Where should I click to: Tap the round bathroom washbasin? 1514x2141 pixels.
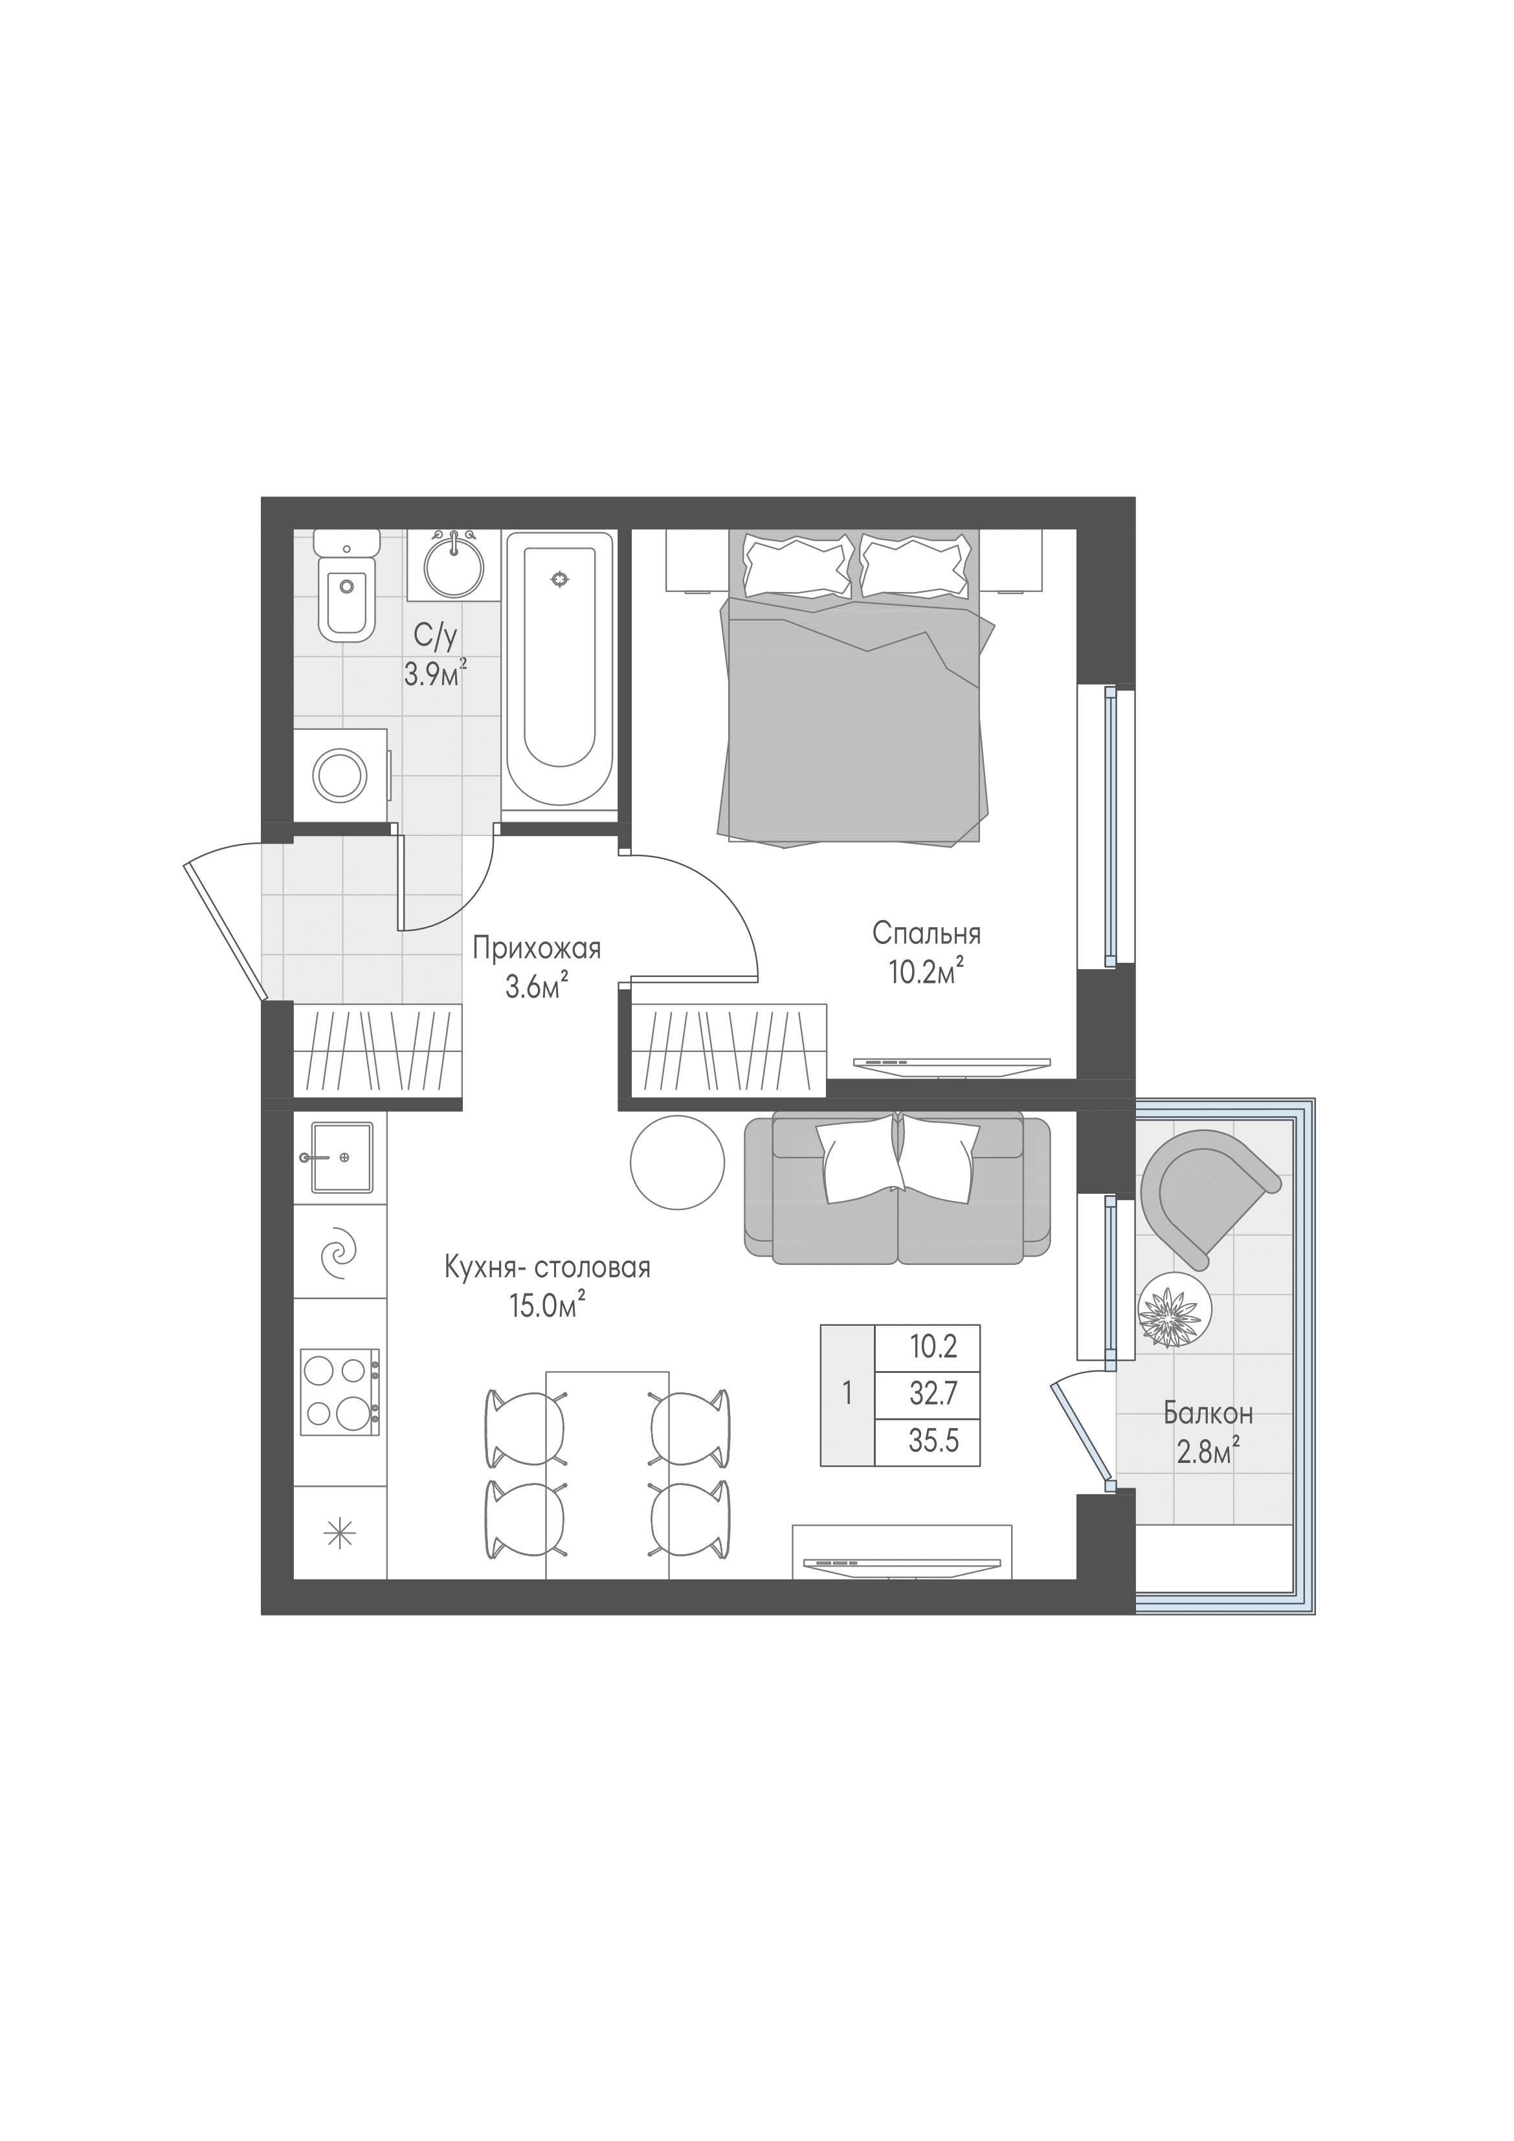click(454, 565)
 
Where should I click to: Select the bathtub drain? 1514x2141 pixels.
click(559, 579)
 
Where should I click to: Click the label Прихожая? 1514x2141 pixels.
click(537, 949)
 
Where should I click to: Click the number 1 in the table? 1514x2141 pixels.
click(847, 1393)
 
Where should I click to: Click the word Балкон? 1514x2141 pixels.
click(1208, 1412)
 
